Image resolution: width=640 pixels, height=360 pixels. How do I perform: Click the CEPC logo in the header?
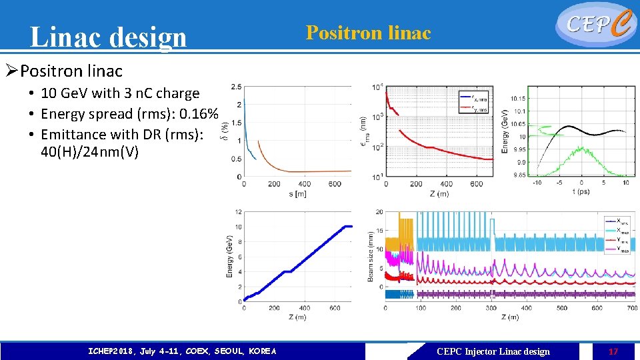(x=595, y=24)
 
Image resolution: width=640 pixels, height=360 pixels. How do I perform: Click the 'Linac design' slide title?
(x=109, y=37)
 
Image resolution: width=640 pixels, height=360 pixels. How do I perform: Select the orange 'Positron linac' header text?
(x=368, y=33)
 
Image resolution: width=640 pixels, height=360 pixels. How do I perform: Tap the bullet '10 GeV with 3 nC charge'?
(x=120, y=93)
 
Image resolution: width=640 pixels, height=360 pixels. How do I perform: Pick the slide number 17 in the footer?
(x=613, y=351)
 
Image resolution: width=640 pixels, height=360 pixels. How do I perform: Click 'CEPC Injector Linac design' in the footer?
(x=493, y=351)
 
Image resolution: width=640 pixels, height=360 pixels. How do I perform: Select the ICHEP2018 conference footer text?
(x=182, y=351)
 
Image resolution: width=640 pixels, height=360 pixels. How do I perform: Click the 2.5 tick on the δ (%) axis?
(x=236, y=87)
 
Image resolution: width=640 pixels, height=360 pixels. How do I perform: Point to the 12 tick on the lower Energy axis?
(x=237, y=213)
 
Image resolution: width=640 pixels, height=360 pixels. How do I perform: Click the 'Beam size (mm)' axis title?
(x=371, y=257)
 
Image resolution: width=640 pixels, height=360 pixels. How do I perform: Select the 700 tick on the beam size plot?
(x=632, y=308)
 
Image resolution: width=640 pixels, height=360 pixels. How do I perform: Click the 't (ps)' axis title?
(x=581, y=192)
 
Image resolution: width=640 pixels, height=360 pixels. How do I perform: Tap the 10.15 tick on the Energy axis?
(x=517, y=99)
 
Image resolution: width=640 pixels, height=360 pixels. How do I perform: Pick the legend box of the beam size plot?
(x=618, y=235)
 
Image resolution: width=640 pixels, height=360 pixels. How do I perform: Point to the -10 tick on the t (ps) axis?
(x=537, y=183)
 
